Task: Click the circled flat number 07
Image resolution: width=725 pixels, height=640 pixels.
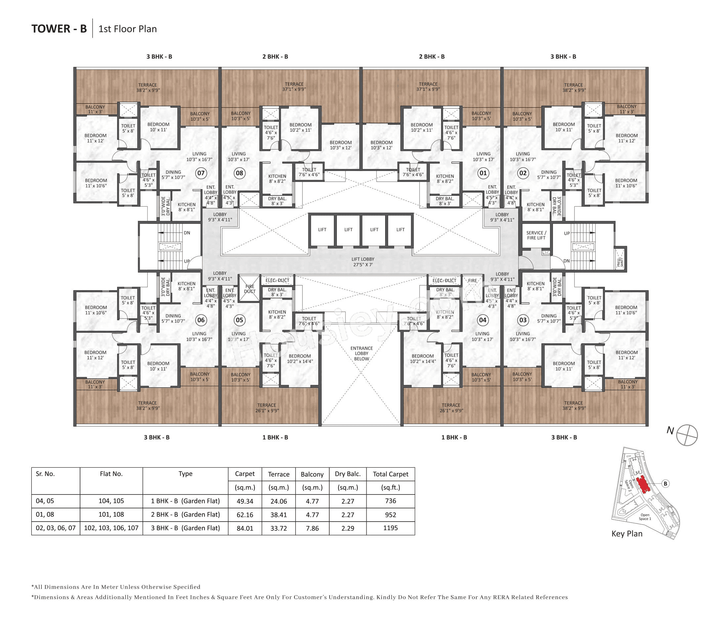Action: pos(201,173)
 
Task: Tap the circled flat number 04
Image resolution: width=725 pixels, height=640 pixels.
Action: pos(482,320)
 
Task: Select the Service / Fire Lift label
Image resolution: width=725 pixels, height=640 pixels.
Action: pos(536,235)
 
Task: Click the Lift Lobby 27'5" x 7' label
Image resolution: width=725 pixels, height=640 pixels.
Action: pos(363,262)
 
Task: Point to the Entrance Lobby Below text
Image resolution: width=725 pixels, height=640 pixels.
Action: pos(361,354)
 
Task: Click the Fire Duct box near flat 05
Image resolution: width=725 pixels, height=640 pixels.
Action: pos(249,289)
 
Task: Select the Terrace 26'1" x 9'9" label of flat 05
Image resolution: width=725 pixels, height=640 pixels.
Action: pos(267,408)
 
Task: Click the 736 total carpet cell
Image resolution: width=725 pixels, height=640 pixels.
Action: pos(390,501)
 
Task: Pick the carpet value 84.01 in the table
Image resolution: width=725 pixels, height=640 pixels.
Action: pos(245,528)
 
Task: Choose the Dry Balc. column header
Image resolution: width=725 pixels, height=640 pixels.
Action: pos(347,474)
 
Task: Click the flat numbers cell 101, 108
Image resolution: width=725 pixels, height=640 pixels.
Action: pos(111,515)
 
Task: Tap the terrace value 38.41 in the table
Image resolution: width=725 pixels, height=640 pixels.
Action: pos(278,515)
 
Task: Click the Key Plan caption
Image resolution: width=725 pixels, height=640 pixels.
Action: pos(626,533)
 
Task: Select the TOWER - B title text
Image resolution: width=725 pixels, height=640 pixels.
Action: pos(59,29)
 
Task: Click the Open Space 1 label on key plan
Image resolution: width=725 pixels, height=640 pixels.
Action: pos(645,517)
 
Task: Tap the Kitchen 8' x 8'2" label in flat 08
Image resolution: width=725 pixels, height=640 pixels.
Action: pos(277,179)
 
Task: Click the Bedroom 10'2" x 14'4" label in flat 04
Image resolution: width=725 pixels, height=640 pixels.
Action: pos(423,359)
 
